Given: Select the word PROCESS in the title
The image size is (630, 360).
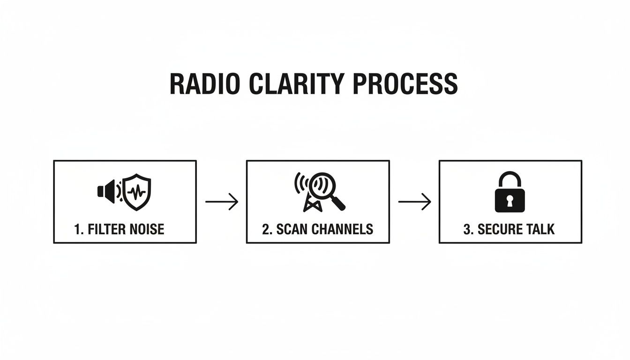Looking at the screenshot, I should pyautogui.click(x=404, y=84).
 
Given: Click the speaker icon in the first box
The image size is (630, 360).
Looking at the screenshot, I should pyautogui.click(x=105, y=191).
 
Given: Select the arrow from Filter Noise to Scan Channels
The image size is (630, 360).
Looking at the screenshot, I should pyautogui.click(x=221, y=202).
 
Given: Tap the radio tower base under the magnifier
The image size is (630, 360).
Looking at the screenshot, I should pyautogui.click(x=310, y=204).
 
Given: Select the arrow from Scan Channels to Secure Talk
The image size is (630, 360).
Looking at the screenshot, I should pyautogui.click(x=414, y=202).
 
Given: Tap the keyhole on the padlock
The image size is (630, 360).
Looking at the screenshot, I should pyautogui.click(x=510, y=200).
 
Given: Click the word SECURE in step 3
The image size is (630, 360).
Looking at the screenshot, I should pyautogui.click(x=498, y=229).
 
